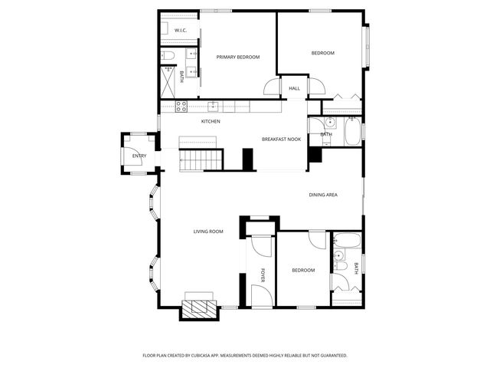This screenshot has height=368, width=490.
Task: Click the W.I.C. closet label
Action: click(x=181, y=31)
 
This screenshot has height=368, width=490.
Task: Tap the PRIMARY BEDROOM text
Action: click(x=237, y=57)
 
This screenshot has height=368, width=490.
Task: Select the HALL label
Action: click(x=294, y=88)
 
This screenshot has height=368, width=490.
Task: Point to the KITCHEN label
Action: click(x=211, y=121)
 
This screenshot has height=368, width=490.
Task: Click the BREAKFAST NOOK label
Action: click(x=281, y=139)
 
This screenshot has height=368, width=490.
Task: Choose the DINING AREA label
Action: click(x=323, y=195)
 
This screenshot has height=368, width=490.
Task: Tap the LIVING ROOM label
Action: click(x=207, y=231)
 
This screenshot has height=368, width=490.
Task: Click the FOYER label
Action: click(x=262, y=275)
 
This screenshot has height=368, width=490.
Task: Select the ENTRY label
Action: click(x=139, y=156)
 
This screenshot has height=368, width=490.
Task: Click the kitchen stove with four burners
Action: click(x=182, y=107)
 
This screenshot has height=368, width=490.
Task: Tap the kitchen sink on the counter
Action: click(x=214, y=107)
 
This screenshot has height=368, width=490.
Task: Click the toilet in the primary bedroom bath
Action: click(x=169, y=55)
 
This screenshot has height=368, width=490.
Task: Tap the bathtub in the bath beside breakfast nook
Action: click(x=352, y=132)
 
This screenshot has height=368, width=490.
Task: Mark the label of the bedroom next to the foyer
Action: click(x=303, y=270)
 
